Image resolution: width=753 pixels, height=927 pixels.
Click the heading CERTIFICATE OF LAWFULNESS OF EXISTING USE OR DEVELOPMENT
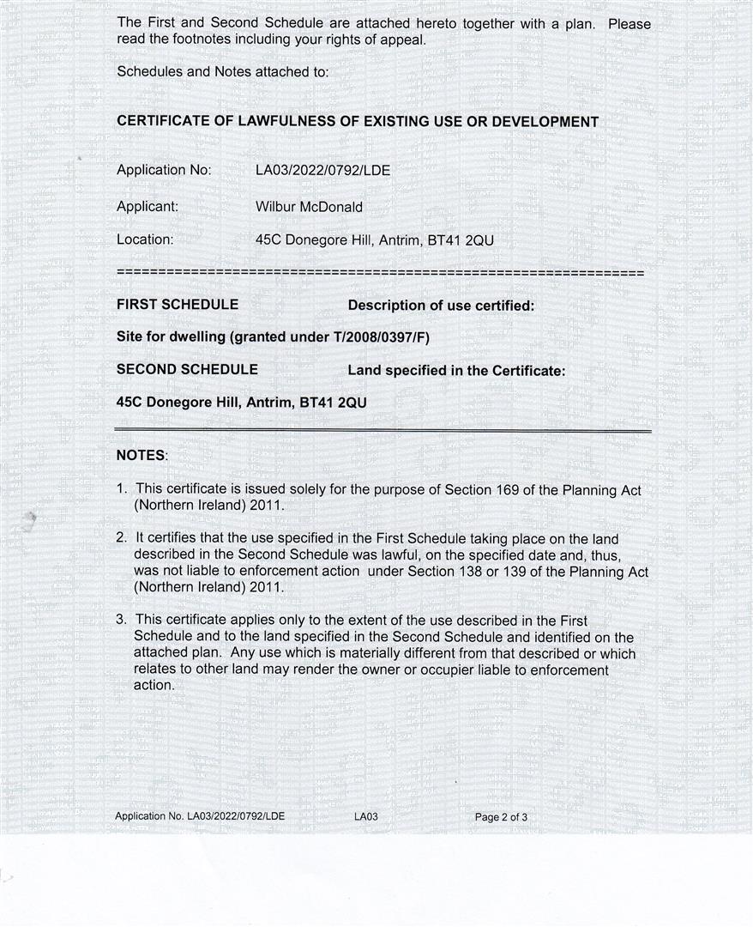pos(358,122)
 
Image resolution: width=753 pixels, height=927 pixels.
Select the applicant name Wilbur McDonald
pos(309,207)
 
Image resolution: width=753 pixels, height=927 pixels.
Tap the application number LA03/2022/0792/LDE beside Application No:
pos(322,170)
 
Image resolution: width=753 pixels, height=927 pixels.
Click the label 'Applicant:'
pos(148,207)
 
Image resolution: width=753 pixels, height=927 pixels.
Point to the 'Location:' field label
pos(145,240)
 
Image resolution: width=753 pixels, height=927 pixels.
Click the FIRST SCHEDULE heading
pos(178,305)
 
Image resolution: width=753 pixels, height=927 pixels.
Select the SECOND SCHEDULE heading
pos(187,370)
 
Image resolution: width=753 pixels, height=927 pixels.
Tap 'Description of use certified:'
pos(441,306)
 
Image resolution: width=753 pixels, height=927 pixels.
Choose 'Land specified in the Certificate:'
pos(456,371)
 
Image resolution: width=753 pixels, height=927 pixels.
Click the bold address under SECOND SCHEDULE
pos(241,402)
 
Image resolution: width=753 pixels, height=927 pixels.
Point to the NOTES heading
pos(142,456)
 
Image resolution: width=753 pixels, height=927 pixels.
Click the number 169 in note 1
pos(506,490)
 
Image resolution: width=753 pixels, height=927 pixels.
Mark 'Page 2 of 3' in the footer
pos(501,817)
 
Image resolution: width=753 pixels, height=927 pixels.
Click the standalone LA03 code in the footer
pos(365,817)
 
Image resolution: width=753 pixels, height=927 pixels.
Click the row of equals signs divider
pos(380,273)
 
